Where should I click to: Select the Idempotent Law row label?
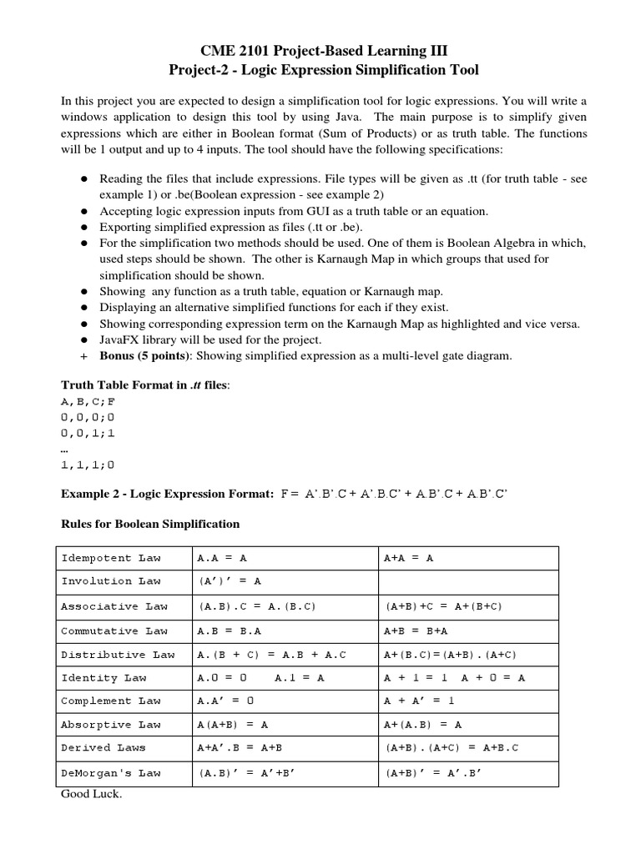(111, 558)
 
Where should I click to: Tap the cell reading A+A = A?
(408, 558)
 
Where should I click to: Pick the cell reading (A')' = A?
(230, 581)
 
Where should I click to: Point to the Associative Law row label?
(114, 606)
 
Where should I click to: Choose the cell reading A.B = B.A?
(230, 630)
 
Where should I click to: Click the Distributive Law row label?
(118, 655)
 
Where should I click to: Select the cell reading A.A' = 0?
(226, 701)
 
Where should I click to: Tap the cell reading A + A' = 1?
(419, 701)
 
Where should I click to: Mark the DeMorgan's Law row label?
(111, 773)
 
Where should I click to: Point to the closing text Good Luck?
(91, 794)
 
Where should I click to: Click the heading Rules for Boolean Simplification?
(150, 524)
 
